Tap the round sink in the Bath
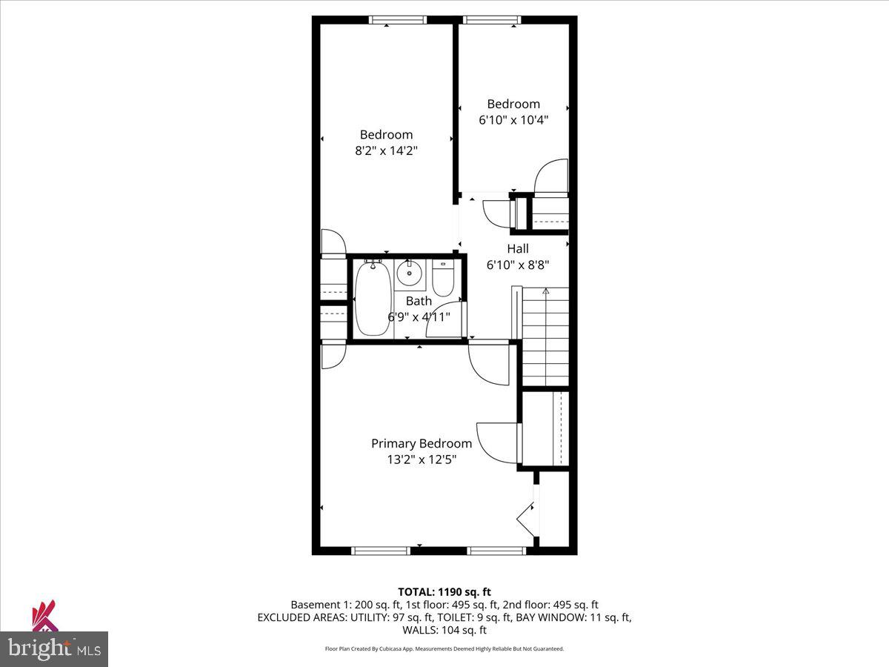(408, 273)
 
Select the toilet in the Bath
(443, 278)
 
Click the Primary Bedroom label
(421, 443)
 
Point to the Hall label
(518, 248)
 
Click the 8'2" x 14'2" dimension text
(386, 150)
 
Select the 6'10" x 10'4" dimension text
(513, 119)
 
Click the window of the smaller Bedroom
(492, 21)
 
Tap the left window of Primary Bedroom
(380, 550)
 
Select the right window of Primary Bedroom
(497, 550)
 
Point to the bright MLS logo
(54, 648)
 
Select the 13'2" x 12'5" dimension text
(421, 459)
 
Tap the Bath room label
(419, 301)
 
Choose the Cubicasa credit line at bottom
(444, 648)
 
